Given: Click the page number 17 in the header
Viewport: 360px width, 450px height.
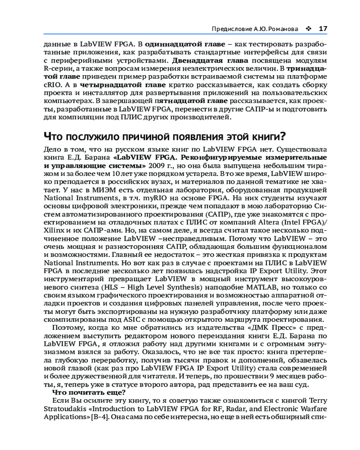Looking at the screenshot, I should click(323, 29).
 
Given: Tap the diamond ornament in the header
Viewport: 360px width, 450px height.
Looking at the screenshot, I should click(308, 29).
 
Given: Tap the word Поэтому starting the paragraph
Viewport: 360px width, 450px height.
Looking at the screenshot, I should click(68, 327).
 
